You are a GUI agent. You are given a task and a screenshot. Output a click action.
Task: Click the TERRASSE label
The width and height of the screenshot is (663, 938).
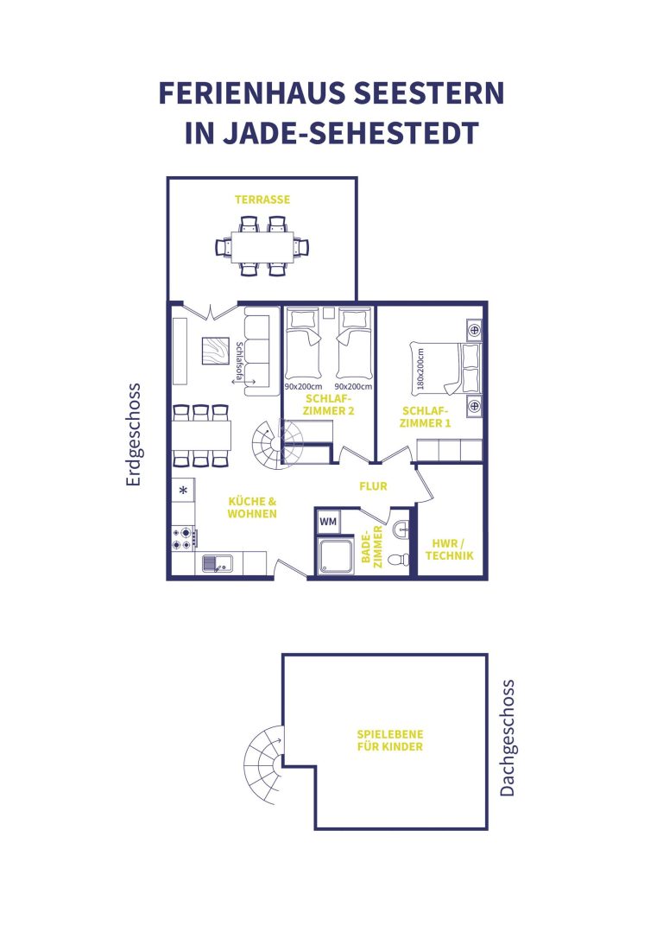point(262,200)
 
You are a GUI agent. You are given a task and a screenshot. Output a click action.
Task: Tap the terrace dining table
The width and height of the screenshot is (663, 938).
point(262,246)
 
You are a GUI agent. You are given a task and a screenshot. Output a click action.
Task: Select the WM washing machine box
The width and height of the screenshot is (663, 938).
point(328,522)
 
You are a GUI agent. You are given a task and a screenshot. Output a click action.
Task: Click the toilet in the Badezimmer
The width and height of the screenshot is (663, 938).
point(399,560)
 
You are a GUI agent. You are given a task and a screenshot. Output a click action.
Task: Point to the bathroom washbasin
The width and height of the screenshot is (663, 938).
point(401,529)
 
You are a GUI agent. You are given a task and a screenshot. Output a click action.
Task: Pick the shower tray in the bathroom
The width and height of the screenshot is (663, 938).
point(336,555)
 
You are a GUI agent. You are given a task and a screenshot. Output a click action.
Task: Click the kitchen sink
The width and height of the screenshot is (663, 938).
point(217,563)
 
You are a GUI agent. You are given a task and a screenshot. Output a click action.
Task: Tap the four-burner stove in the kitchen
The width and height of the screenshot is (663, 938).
point(184,537)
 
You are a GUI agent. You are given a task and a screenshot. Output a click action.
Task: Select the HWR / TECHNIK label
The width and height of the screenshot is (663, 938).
point(450,549)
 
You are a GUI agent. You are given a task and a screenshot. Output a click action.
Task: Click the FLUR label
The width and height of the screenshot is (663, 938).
point(373,486)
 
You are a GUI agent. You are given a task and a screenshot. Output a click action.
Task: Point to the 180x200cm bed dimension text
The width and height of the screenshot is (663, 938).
point(421,369)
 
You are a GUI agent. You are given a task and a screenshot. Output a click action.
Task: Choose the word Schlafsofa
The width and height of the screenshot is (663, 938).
point(239,361)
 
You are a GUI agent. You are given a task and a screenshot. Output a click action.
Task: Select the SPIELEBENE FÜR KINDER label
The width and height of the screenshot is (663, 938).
point(390,740)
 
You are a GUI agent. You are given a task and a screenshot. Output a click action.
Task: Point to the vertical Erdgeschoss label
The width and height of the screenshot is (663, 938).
point(133,435)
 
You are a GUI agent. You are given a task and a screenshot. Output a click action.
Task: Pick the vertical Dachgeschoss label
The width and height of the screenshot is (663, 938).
point(507,738)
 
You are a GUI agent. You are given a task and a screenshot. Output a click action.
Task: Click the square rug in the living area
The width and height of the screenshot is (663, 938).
point(215,352)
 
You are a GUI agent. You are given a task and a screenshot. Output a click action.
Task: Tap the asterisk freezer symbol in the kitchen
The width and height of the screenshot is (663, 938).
point(184,491)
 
